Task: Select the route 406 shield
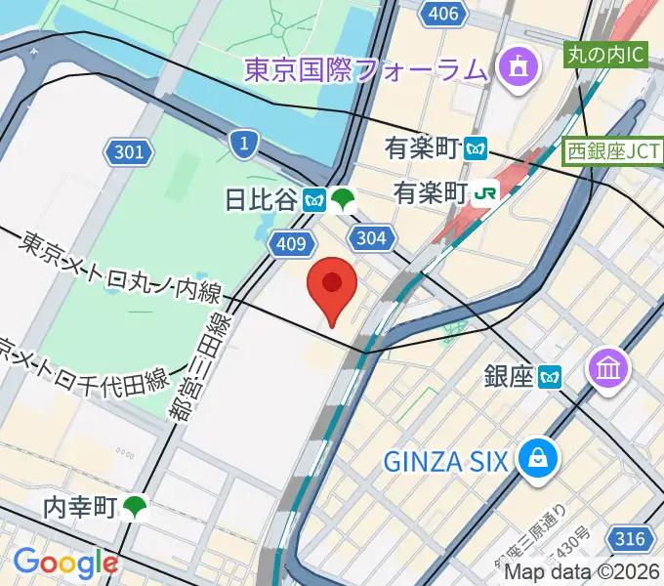coord(443,14)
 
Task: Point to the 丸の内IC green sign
coord(606,55)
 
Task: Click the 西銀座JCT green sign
coord(613,152)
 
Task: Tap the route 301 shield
coord(128,151)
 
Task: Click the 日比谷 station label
coord(261,200)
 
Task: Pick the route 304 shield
coord(372,237)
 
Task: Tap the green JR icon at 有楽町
coord(483,193)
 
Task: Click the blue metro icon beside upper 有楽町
coord(476,148)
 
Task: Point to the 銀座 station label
coord(510,375)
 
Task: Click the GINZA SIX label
coord(445,459)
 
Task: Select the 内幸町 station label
coord(81,506)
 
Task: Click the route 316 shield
coord(632,537)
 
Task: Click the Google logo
coord(65,562)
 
